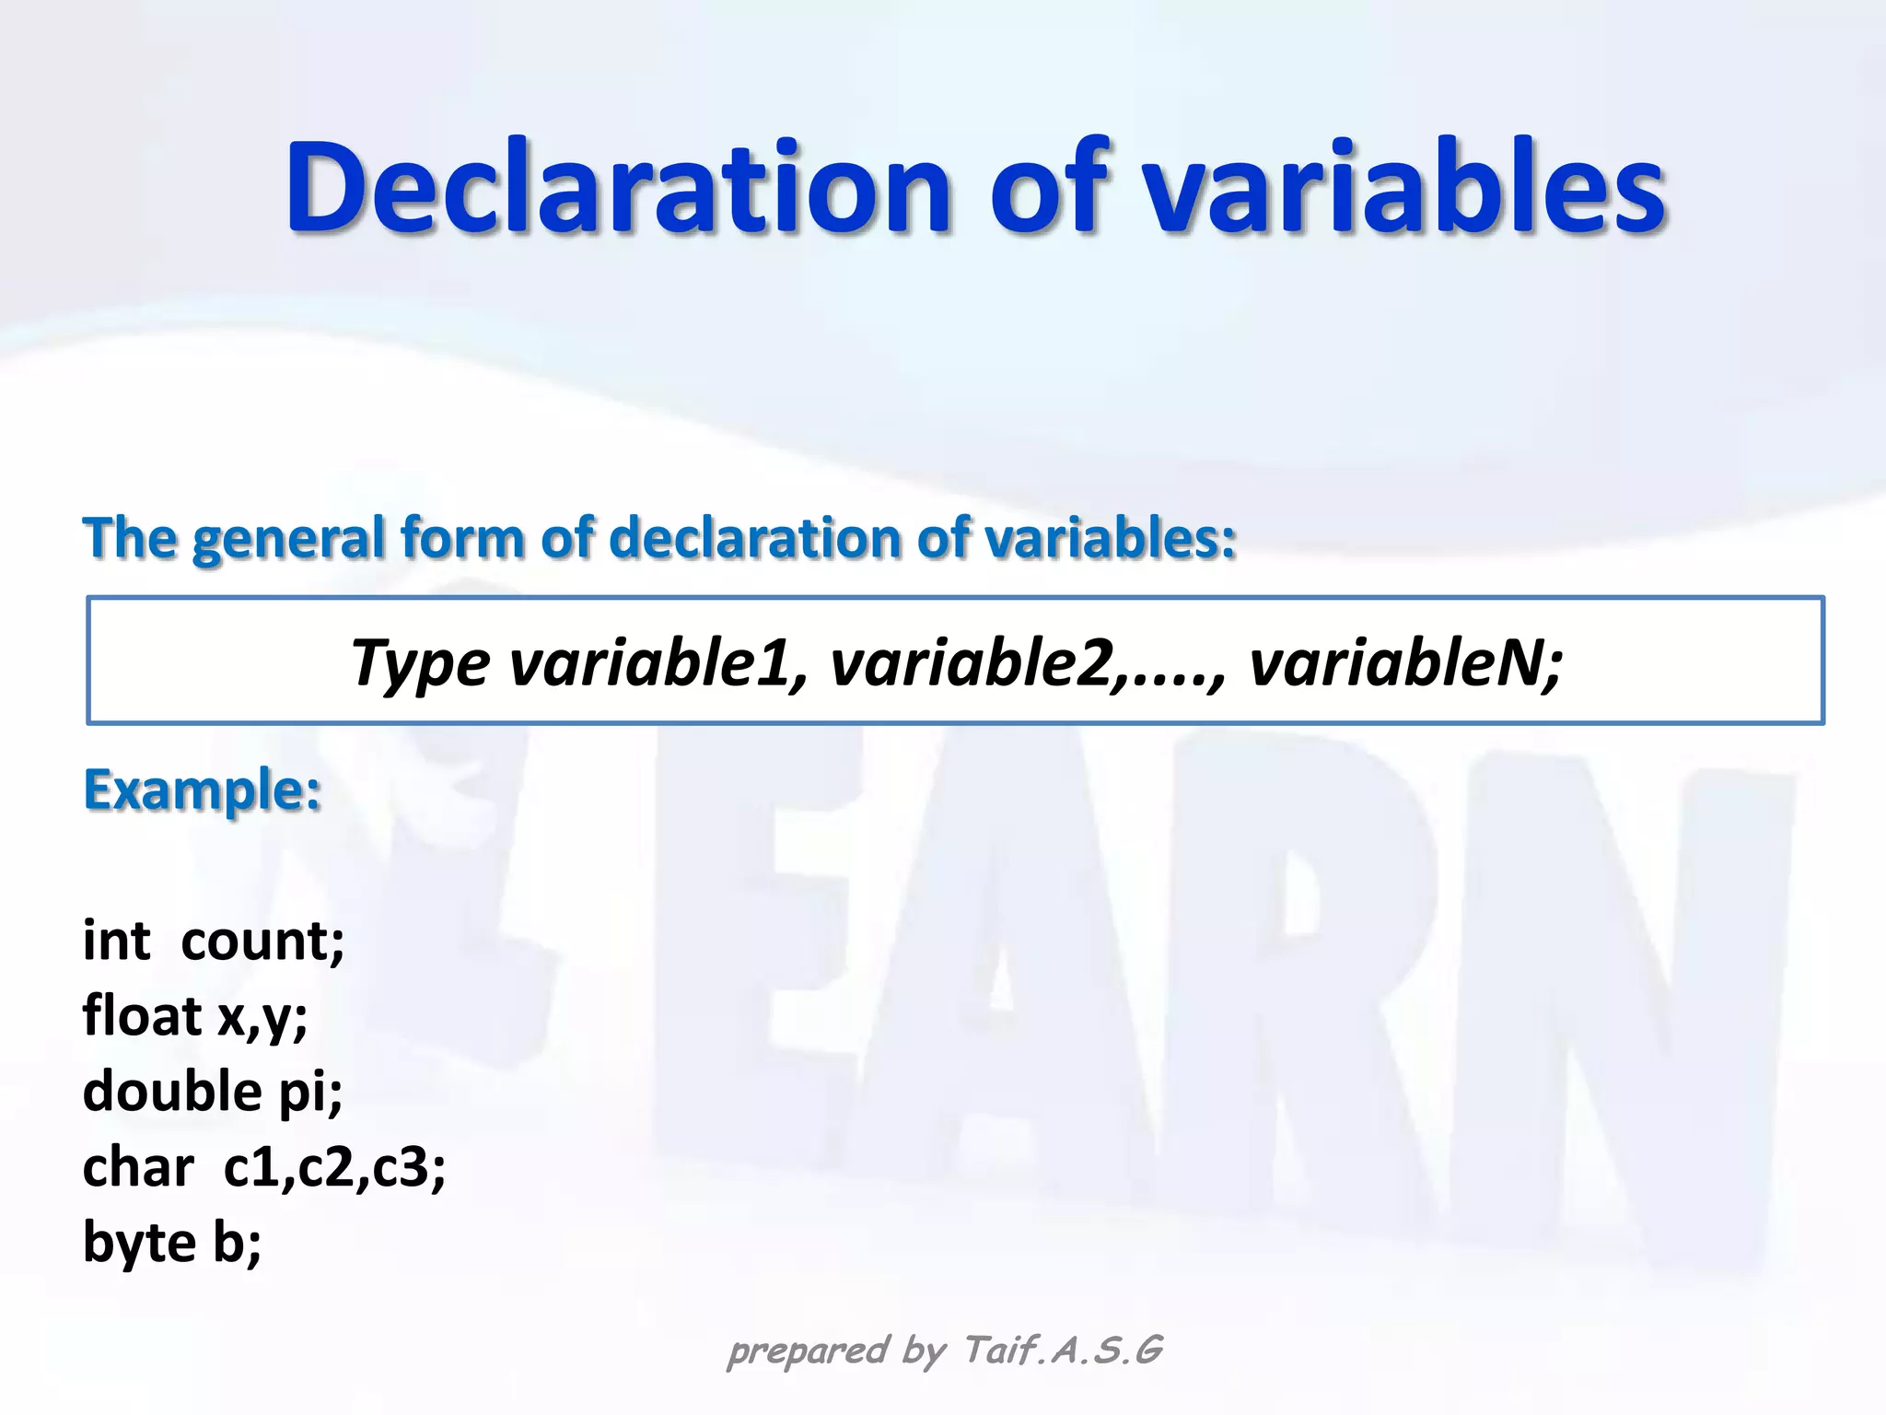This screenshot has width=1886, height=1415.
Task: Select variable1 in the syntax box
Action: [658, 662]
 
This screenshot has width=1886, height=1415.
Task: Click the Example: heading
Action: [203, 790]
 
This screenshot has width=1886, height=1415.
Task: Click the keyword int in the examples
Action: [116, 941]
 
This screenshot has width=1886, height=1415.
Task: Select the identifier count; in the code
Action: [262, 942]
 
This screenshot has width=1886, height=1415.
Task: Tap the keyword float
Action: [142, 1016]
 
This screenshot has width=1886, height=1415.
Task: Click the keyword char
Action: [138, 1167]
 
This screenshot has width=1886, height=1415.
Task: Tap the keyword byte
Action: [139, 1244]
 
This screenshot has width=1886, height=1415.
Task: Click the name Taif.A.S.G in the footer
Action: [1063, 1351]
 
